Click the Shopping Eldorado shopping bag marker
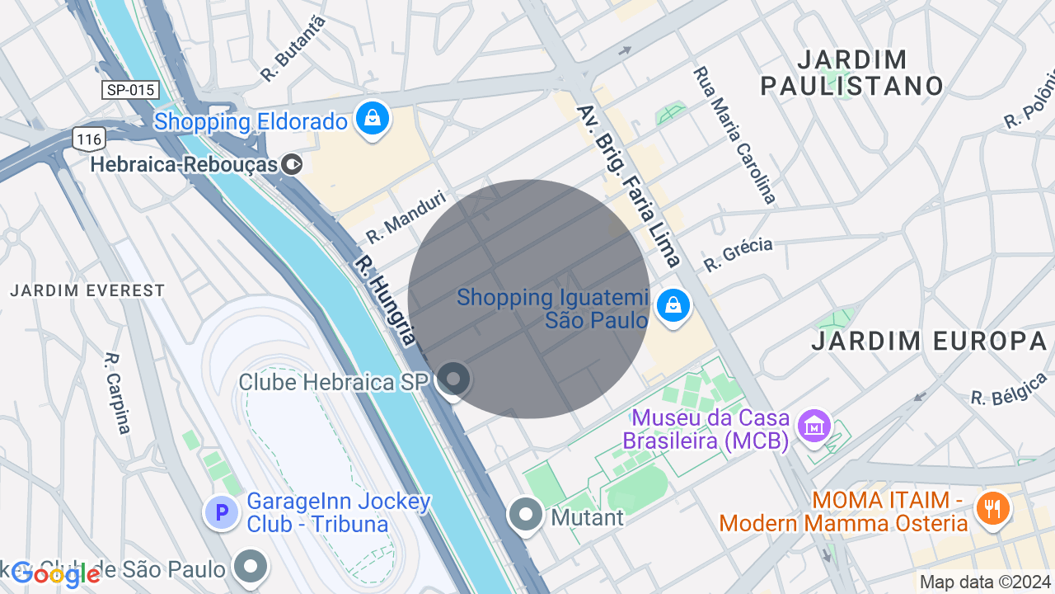point(373,119)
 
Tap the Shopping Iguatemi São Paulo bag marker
point(673,306)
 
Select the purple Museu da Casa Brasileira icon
point(814,426)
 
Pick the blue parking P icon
point(221,513)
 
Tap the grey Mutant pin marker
point(525,515)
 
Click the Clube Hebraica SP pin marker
point(452,379)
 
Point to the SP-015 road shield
point(130,90)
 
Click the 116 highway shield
point(88,139)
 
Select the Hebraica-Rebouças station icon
point(292,164)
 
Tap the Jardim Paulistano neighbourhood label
point(851,73)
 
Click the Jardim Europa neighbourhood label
point(929,340)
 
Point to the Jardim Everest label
point(87,290)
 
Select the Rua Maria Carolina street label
point(735,134)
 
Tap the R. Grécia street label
point(738,254)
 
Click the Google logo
point(56,574)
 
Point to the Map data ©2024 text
point(986,582)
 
